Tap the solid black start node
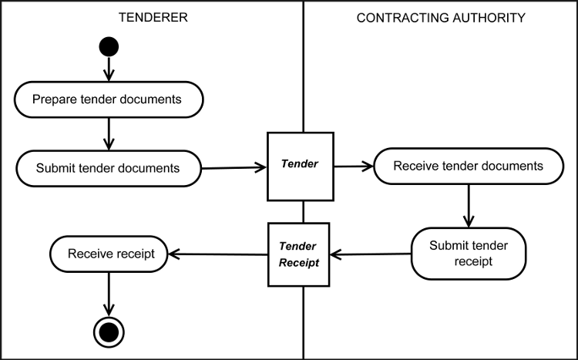(x=109, y=47)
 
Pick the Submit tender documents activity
(x=108, y=167)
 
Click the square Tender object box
(x=300, y=164)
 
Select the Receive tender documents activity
(x=468, y=166)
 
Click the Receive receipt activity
(x=109, y=253)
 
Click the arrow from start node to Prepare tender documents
(x=109, y=69)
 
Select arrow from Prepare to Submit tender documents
(x=109, y=133)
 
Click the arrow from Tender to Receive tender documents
(x=353, y=165)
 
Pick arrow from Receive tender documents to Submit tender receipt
(x=468, y=205)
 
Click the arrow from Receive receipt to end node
(x=109, y=293)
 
